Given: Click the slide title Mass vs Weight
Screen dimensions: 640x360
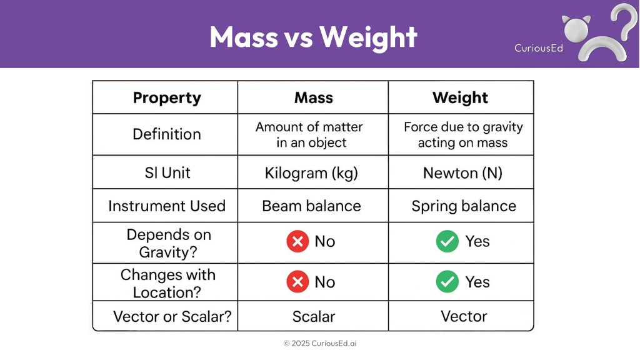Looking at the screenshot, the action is point(313,37).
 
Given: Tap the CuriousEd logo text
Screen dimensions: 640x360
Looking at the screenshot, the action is point(538,48).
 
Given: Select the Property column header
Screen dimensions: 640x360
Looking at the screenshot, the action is point(167,98).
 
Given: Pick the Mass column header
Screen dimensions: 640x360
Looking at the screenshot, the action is point(314,97).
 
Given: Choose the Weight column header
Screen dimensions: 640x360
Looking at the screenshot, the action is point(460,98).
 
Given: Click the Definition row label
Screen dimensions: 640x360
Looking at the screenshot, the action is point(166,134).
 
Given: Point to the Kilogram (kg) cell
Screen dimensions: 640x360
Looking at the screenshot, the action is point(311,173).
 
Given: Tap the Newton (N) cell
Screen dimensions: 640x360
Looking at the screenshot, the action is point(462,173).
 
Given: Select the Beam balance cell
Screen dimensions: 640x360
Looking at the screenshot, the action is point(311,206).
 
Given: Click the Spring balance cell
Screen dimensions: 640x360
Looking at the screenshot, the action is point(464,206).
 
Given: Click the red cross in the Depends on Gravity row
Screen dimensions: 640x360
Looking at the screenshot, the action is point(297,241).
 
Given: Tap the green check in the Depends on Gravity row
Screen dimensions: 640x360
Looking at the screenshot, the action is point(447,241).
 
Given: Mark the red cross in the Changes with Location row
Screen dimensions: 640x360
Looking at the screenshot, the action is point(297,282).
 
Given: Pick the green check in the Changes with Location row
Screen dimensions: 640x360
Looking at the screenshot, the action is point(447,282).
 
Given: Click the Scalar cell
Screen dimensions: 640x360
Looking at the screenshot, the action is point(314,317).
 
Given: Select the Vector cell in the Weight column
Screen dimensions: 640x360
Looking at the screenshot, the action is point(464,316).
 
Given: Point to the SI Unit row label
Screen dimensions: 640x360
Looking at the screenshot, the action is point(167,173).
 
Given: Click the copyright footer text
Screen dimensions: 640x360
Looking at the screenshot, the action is point(320,343).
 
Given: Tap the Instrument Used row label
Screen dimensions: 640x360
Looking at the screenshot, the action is point(166,206).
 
